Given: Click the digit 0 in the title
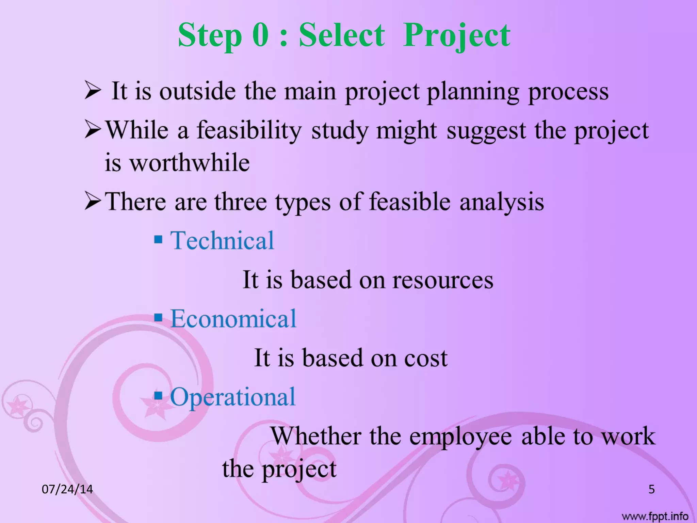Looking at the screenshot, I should pyautogui.click(x=260, y=35).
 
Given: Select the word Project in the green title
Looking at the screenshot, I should pyautogui.click(x=456, y=36).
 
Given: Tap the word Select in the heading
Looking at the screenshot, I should pyautogui.click(x=342, y=35).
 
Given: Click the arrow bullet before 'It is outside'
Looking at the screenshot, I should pyautogui.click(x=93, y=92).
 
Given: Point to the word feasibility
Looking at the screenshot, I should pyautogui.click(x=249, y=131).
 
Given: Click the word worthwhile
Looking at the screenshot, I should pyautogui.click(x=190, y=162).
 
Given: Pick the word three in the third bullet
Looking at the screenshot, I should pyautogui.click(x=240, y=202).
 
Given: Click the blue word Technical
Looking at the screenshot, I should pyautogui.click(x=222, y=240).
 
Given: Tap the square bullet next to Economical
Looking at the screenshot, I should pyautogui.click(x=158, y=317).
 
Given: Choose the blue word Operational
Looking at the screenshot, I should pyautogui.click(x=233, y=397).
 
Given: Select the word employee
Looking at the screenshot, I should pyautogui.click(x=460, y=437).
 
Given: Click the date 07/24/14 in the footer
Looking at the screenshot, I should pyautogui.click(x=67, y=489).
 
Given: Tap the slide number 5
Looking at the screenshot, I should pyautogui.click(x=651, y=489).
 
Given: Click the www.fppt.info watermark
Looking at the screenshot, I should pyautogui.click(x=655, y=517).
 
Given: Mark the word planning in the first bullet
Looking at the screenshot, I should pyautogui.click(x=473, y=92).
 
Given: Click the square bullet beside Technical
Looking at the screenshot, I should pyautogui.click(x=158, y=239).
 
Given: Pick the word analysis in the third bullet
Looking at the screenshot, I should pyautogui.click(x=502, y=202).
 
